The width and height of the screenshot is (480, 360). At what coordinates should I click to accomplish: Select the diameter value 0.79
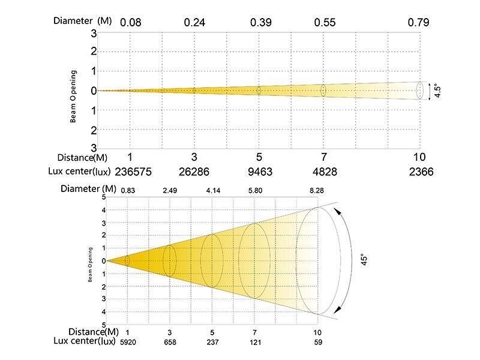pos(419,23)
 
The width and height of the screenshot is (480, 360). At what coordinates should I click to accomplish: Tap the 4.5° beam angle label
pos(438,91)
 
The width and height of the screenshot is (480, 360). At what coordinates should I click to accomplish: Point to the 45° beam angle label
pos(362,261)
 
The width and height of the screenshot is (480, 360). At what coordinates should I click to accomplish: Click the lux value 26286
pos(194,172)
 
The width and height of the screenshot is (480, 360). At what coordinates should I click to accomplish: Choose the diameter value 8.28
pos(316,190)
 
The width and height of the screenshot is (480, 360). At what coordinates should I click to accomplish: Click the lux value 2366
pos(419,172)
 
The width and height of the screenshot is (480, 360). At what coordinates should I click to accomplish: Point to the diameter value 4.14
pos(212,190)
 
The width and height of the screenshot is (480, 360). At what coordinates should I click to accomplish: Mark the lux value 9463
pos(259,172)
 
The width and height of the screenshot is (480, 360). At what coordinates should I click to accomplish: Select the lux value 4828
pos(323,172)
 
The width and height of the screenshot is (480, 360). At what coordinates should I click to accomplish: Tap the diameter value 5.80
pos(254,190)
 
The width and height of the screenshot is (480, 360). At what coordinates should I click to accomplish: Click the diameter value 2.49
pos(170,190)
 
